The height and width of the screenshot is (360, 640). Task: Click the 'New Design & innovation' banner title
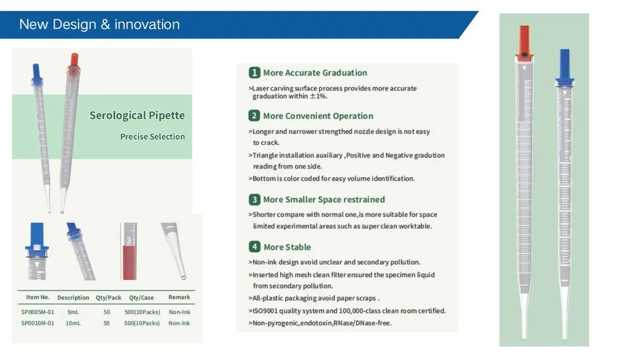click(100, 25)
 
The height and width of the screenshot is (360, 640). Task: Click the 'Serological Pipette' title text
click(137, 115)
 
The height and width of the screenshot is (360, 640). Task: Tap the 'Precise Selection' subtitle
click(152, 137)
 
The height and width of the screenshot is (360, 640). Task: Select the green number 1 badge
click(254, 72)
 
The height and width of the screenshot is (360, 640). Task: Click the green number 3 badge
click(254, 199)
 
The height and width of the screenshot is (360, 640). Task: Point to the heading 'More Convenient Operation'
click(318, 116)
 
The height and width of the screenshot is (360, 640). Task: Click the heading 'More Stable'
click(287, 247)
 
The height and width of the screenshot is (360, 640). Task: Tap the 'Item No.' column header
click(37, 297)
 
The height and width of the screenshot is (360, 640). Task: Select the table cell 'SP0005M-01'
click(37, 312)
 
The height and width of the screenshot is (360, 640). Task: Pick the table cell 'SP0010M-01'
click(37, 323)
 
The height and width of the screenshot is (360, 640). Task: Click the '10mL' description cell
click(72, 323)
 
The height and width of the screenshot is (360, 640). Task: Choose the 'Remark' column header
click(179, 297)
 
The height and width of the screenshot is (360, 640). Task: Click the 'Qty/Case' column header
click(141, 297)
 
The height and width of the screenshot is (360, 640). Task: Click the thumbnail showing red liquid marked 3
click(129, 251)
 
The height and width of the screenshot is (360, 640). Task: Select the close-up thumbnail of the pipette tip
click(175, 251)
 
